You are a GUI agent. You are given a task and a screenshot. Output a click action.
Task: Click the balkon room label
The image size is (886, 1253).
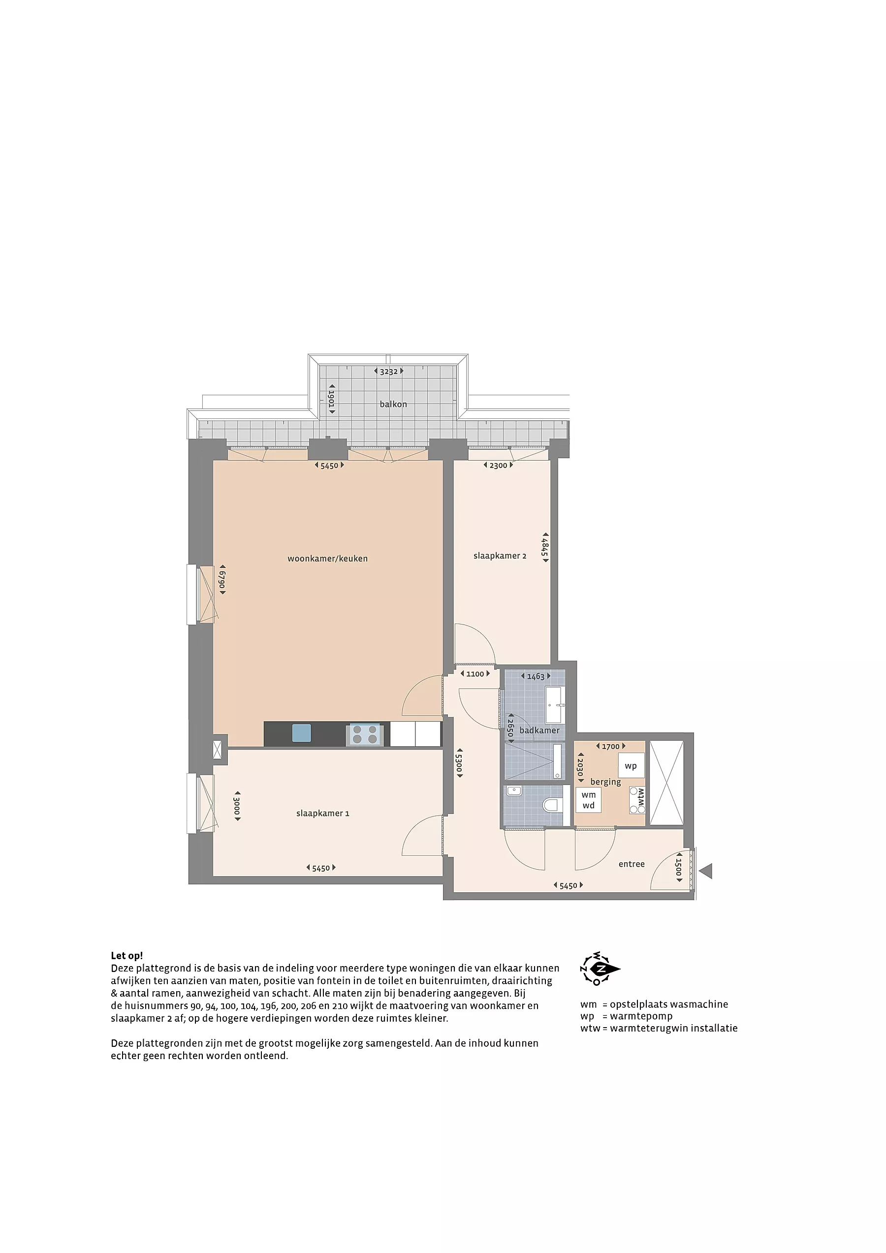point(393,405)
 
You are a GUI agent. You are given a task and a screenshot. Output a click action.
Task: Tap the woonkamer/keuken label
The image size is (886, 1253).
point(327,558)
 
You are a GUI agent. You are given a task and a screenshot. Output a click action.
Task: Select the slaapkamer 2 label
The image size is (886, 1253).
point(500,556)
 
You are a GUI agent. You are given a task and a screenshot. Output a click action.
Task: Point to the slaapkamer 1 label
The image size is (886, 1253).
point(322,813)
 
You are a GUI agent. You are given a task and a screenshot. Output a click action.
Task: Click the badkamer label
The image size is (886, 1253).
point(539,730)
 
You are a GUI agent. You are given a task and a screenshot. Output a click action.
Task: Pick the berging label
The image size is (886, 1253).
point(605,782)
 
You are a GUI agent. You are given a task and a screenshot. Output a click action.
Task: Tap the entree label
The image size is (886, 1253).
point(632,864)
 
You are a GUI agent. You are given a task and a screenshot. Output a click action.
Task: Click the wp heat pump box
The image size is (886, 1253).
point(631,766)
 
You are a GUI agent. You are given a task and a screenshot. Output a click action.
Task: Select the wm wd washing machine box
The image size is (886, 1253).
point(589,800)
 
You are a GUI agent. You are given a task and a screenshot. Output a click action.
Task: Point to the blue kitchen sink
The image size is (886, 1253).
point(301,733)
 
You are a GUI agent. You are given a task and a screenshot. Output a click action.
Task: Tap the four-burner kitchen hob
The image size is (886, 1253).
point(365,734)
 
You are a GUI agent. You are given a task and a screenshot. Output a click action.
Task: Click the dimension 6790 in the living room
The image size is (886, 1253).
point(222,580)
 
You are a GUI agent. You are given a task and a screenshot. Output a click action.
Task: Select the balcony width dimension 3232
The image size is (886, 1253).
point(389,372)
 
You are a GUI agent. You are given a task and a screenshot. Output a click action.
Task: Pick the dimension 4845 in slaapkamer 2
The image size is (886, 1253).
point(545,547)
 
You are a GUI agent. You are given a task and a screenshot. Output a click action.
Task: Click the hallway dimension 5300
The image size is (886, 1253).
point(459,763)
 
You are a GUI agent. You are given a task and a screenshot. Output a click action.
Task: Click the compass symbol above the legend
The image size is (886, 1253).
point(600,969)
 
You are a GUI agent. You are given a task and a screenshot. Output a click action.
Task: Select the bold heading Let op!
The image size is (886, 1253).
point(127,956)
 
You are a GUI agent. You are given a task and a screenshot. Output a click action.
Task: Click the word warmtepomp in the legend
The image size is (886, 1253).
point(641,1016)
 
